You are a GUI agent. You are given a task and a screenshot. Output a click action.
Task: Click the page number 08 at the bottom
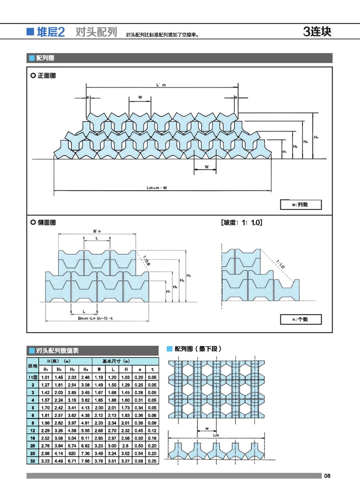pyautogui.click(x=327, y=476)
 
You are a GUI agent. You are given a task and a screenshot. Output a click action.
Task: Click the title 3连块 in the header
pyautogui.click(x=317, y=32)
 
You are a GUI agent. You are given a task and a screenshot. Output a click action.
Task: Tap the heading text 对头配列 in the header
pyautogui.click(x=96, y=33)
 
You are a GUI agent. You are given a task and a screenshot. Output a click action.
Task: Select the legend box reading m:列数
pyautogui.click(x=300, y=205)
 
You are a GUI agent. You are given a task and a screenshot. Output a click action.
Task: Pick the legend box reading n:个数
pyautogui.click(x=300, y=319)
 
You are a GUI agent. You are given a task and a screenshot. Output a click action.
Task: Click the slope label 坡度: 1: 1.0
pyautogui.click(x=241, y=223)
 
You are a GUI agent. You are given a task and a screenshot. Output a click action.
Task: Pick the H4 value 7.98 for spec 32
pyautogui.click(x=85, y=461)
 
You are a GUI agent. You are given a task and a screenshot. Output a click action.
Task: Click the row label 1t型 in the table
pyautogui.click(x=33, y=378)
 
